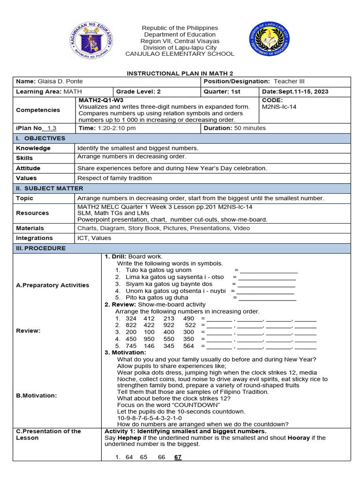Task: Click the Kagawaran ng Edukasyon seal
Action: point(91,41)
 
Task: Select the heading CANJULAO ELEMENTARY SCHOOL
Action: point(180,54)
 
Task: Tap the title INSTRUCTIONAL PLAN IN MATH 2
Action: point(180,74)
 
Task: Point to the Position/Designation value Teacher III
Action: point(289,81)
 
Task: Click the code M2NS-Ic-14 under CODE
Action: point(280,107)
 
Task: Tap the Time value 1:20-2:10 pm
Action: point(116,128)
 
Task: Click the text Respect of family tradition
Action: point(114,178)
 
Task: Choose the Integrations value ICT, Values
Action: point(94,238)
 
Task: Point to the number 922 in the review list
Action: point(169,325)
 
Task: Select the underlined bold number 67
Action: point(178,457)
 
